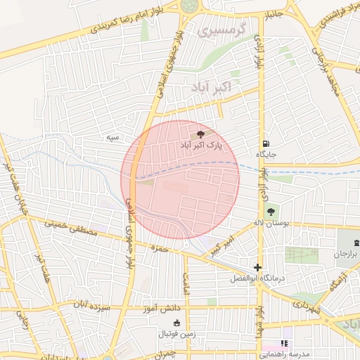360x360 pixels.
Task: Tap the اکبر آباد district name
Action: [x=220, y=86]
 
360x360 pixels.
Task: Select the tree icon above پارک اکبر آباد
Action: [x=200, y=133]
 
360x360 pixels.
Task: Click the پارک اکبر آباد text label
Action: [x=200, y=145]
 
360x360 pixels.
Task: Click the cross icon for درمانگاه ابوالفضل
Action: [x=258, y=267]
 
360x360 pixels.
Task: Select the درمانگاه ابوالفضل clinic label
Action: [x=257, y=278]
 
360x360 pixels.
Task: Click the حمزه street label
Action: [x=161, y=248]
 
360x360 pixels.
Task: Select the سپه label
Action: [x=112, y=138]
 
